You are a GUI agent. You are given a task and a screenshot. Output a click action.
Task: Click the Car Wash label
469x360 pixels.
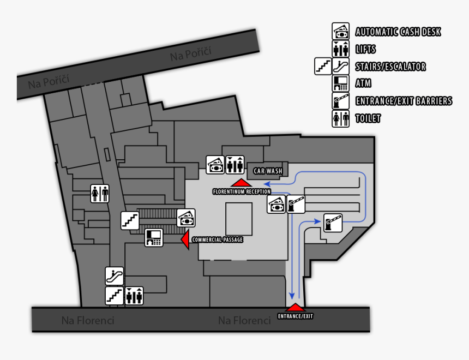267,171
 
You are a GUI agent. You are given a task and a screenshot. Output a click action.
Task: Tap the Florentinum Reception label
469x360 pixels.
242,191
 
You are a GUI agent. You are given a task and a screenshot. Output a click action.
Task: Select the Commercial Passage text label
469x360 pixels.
217,239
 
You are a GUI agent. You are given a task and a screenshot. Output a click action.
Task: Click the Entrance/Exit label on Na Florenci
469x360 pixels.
295,316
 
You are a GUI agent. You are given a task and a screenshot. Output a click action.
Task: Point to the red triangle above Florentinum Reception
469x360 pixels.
241,182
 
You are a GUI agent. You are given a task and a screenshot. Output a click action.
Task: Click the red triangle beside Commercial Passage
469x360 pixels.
185,239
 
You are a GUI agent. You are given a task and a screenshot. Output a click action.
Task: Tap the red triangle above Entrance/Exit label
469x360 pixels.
294,308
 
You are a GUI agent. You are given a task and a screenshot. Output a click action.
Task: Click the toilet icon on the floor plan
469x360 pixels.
100,193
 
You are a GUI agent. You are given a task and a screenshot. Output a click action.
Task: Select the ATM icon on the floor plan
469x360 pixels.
153,237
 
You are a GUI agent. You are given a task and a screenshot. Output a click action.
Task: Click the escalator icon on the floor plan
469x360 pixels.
115,276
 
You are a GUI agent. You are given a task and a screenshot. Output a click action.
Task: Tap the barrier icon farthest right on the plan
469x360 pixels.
333,223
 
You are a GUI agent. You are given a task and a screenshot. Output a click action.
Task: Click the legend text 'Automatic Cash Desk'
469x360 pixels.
398,32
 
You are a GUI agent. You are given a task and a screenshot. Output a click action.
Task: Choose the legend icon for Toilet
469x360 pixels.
340,118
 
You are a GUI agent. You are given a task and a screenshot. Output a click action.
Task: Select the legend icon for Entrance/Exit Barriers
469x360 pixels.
340,101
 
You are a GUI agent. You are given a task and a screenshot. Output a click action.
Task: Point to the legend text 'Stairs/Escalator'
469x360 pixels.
390,67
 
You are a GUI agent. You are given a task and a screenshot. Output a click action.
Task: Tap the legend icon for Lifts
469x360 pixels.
340,49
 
